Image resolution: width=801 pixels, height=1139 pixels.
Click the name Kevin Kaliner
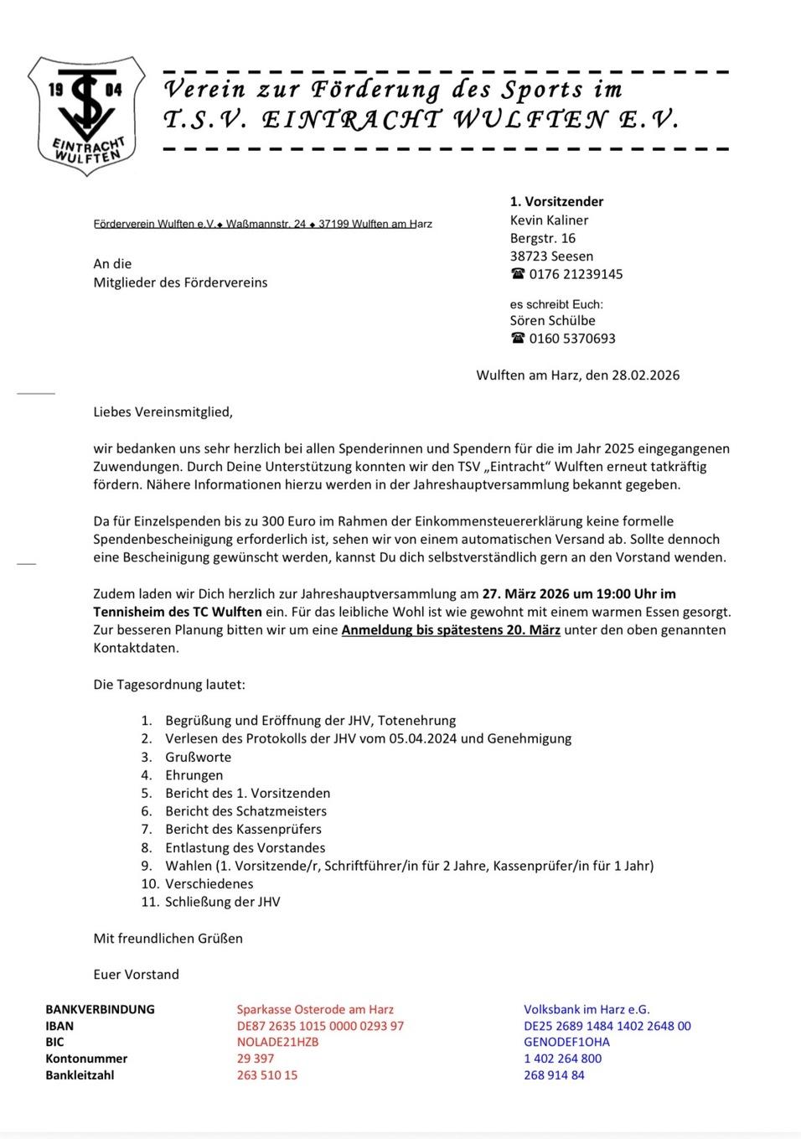click(549, 220)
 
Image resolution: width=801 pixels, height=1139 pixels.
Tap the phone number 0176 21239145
click(576, 274)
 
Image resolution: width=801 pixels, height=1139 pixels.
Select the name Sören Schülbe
click(552, 320)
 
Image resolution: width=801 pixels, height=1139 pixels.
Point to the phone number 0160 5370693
click(571, 339)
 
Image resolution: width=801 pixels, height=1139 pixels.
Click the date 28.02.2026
click(645, 375)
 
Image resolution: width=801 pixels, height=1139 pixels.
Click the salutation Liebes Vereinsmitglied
click(163, 412)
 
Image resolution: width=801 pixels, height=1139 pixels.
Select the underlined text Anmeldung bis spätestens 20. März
click(451, 629)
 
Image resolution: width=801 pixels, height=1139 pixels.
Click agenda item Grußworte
click(198, 757)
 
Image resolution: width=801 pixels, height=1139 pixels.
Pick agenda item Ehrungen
click(194, 775)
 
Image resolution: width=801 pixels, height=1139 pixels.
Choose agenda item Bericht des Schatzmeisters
click(245, 811)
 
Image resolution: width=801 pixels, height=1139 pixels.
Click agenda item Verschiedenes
click(209, 883)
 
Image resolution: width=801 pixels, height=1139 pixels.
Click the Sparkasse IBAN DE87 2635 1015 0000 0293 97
click(320, 1026)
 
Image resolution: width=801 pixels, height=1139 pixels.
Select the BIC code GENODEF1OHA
click(566, 1042)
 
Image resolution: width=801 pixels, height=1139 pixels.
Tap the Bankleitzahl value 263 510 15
click(266, 1074)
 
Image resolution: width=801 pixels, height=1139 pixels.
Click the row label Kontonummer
click(86, 1059)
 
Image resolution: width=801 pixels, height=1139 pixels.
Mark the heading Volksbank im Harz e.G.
click(587, 1010)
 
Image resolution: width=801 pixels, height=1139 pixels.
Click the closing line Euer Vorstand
click(136, 974)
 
